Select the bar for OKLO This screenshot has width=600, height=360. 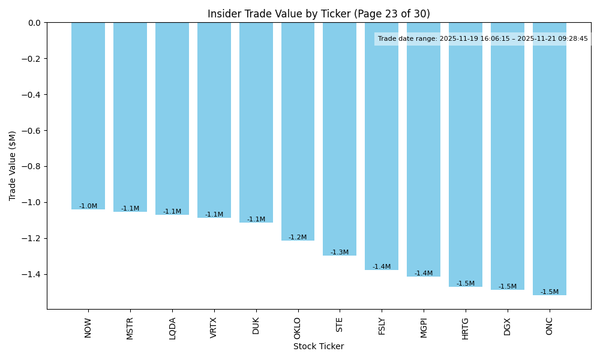298,131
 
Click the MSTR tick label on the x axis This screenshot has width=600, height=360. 130,328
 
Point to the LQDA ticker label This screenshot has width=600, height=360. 172,328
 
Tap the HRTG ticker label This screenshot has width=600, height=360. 466,328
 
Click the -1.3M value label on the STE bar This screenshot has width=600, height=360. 340,252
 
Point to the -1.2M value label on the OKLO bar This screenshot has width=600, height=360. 298,237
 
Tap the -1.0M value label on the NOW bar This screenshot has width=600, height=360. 88,206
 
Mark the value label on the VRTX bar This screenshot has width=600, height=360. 214,214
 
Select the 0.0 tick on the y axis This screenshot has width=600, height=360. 34,23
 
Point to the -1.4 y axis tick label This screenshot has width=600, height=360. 31,274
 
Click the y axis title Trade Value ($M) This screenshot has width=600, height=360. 13,166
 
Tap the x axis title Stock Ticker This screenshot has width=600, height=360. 319,347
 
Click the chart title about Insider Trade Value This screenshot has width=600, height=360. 319,14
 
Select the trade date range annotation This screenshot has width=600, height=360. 483,39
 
